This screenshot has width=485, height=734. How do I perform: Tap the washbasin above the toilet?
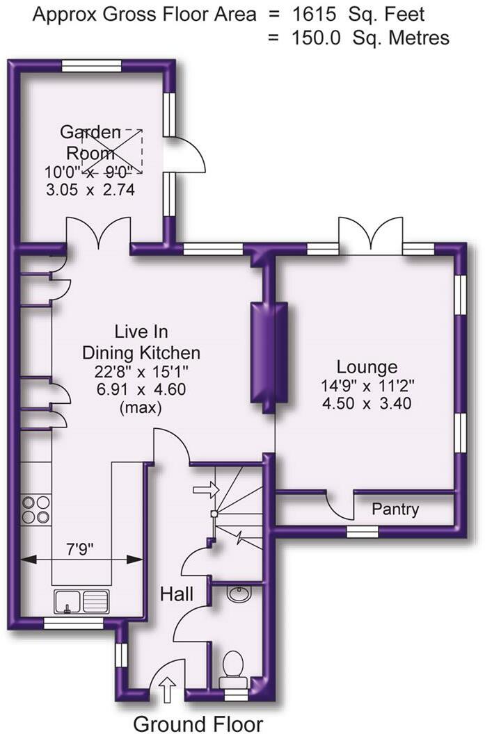[237, 596]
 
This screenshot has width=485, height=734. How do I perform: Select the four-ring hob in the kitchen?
[35, 509]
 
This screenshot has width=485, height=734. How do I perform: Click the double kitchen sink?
[82, 599]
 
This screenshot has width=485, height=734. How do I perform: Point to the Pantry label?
[395, 509]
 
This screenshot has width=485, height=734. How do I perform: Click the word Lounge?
[367, 367]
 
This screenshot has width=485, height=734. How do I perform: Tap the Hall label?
[177, 594]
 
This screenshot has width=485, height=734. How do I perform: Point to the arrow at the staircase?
[205, 490]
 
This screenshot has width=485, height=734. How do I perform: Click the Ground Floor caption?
[198, 724]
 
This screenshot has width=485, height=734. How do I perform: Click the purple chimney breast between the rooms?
[269, 352]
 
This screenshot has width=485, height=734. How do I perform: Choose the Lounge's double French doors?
[369, 236]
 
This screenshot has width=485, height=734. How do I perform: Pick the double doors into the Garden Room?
[98, 233]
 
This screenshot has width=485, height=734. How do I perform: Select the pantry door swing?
[340, 506]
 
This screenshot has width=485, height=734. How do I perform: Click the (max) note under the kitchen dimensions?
[141, 408]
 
